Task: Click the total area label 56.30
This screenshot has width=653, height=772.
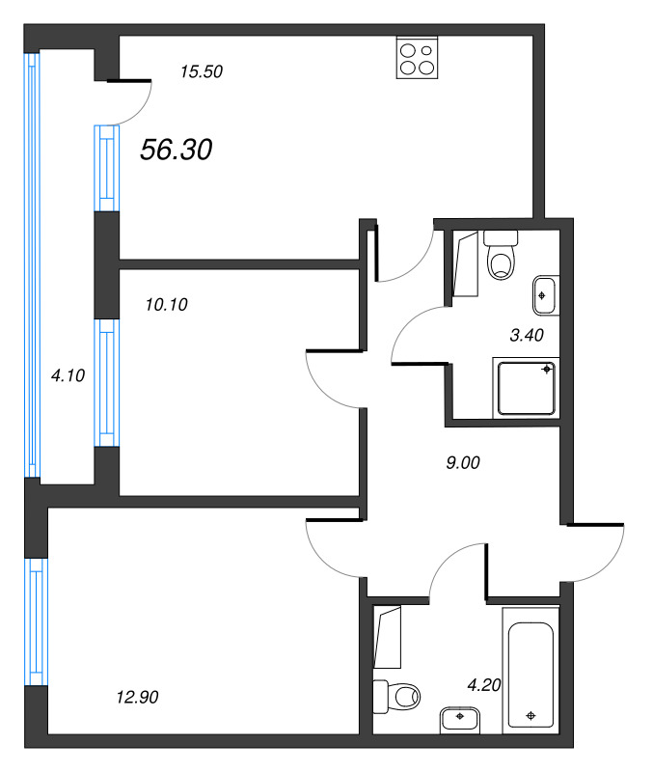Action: click(177, 150)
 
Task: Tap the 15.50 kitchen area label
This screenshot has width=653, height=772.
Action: click(203, 70)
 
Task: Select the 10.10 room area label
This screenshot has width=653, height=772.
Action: click(166, 305)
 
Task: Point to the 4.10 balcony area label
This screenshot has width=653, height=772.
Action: click(68, 376)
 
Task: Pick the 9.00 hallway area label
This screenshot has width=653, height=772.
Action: click(463, 462)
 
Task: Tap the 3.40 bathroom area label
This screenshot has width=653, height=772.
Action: click(527, 336)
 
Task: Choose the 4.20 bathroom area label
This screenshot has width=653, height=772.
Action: click(485, 686)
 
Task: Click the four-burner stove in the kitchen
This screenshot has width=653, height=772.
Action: click(418, 58)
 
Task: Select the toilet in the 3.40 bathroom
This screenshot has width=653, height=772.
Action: click(501, 256)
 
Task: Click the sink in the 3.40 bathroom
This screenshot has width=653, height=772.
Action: click(546, 294)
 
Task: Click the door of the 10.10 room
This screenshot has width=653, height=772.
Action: click(332, 376)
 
